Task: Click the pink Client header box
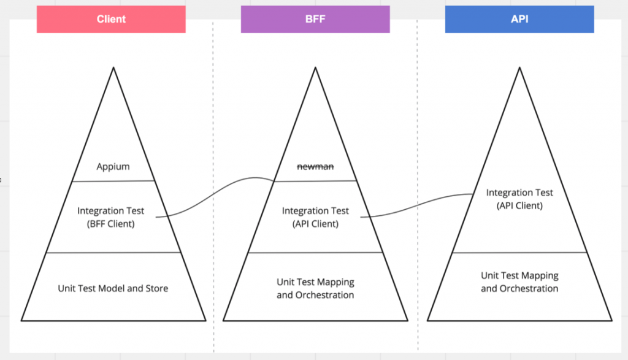[111, 19]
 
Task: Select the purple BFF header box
[315, 19]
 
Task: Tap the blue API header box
[519, 19]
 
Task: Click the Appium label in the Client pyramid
[113, 166]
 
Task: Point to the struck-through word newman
[315, 166]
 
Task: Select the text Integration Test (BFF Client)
[111, 217]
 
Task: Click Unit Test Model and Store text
[113, 288]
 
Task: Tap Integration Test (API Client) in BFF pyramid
[315, 217]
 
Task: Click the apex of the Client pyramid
[113, 68]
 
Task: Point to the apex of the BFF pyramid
[315, 68]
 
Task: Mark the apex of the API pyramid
[519, 68]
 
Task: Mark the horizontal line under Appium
[113, 181]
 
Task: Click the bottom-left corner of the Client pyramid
[22, 320]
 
